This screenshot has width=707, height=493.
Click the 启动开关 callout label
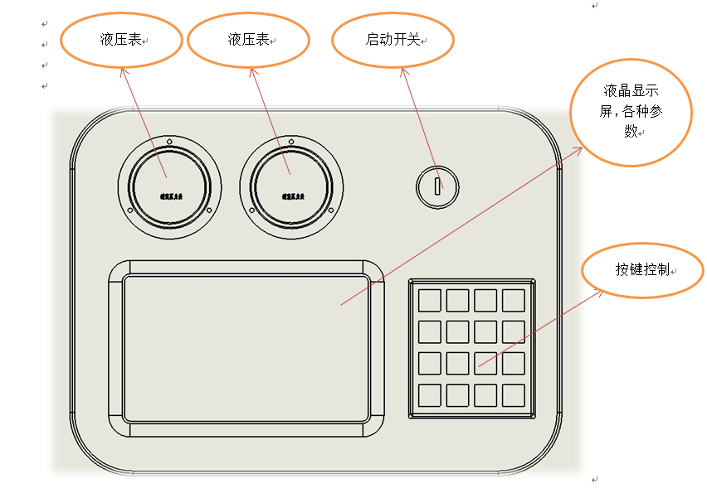(393, 40)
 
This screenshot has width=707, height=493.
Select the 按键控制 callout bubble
(643, 270)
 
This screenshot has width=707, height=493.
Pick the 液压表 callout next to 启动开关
(249, 40)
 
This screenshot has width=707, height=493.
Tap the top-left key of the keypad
(430, 300)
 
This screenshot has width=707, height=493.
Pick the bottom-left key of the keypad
(430, 394)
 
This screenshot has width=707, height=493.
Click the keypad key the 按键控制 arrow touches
(486, 363)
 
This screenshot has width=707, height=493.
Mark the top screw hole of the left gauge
(170, 142)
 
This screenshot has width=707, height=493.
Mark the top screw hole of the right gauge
(291, 142)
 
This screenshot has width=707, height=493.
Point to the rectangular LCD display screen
(246, 348)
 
